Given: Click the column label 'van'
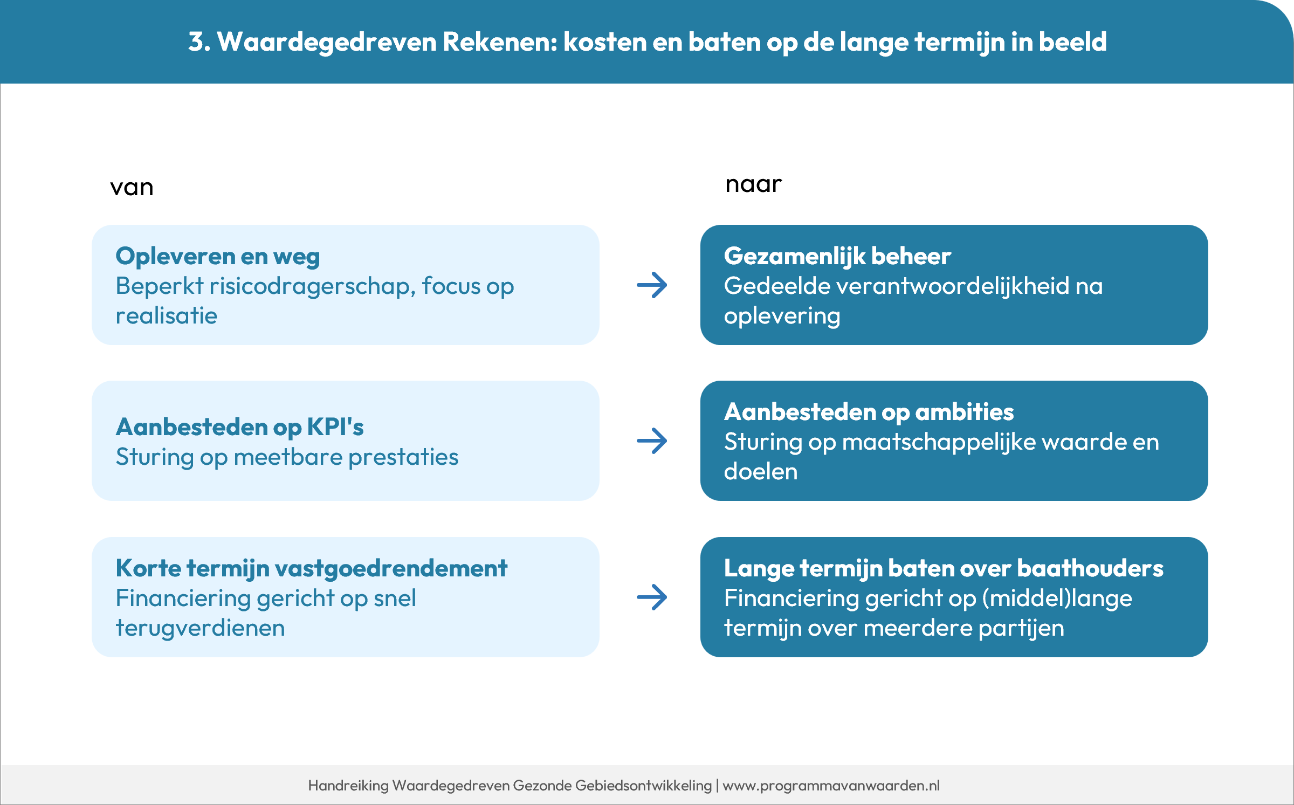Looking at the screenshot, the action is (x=132, y=188).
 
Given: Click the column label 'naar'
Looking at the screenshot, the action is (x=753, y=184).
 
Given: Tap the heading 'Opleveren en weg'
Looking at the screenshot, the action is (x=218, y=256).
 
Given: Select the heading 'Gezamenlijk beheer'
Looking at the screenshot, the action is (x=837, y=256).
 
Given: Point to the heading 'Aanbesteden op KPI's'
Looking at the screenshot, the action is (x=240, y=427).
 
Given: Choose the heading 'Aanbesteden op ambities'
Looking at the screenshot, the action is (x=869, y=412).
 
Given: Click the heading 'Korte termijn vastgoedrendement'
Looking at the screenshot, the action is (x=312, y=568).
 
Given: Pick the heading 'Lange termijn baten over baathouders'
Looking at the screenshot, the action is (x=944, y=568).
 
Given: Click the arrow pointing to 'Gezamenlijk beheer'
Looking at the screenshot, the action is (x=652, y=285).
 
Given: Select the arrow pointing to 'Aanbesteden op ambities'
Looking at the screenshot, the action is (x=652, y=441).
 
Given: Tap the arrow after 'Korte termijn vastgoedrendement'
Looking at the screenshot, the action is (x=652, y=597).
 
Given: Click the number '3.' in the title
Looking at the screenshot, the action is (x=199, y=42).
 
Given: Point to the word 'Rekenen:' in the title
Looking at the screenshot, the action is (x=500, y=42).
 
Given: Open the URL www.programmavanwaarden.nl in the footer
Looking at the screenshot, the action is (x=831, y=786).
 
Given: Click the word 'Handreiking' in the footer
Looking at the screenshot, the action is (x=348, y=786).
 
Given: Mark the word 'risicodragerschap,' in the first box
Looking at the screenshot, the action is (x=312, y=286).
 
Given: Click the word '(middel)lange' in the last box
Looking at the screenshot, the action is (x=1057, y=598).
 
